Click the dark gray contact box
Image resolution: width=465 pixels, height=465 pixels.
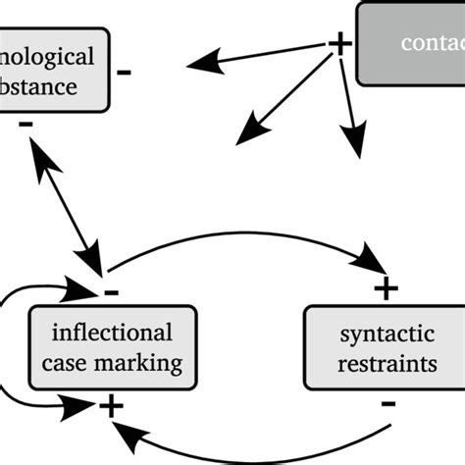412,44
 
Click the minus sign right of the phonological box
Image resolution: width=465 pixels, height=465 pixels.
125,72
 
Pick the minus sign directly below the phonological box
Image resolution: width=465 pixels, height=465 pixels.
26,125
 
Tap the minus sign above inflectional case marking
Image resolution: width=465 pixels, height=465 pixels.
111,291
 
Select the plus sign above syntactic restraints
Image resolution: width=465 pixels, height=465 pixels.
386,287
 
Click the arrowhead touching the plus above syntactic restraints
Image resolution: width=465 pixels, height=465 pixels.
370,264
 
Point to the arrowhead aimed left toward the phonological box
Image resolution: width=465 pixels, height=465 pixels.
200,65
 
